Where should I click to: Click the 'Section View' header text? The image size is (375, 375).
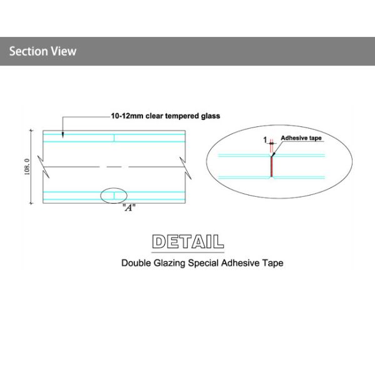(42, 51)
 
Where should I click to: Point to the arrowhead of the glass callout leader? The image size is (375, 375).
(62, 135)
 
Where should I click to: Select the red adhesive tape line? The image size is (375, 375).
(271, 166)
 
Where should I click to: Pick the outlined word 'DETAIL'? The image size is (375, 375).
(187, 241)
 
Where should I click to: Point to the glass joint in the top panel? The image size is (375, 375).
(114, 137)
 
